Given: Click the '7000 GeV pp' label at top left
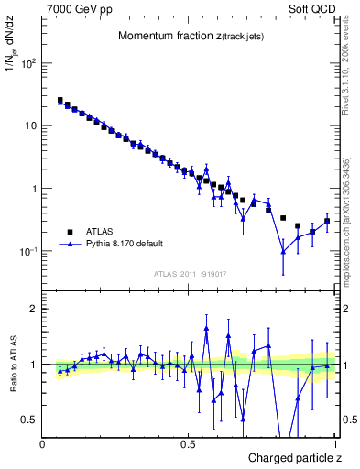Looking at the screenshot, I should pyautogui.click(x=76, y=7).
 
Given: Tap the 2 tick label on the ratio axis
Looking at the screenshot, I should pyautogui.click(x=34, y=309).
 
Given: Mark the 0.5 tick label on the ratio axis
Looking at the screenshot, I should pyautogui.click(x=29, y=420).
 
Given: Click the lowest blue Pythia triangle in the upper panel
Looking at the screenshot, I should pyautogui.click(x=283, y=251).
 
